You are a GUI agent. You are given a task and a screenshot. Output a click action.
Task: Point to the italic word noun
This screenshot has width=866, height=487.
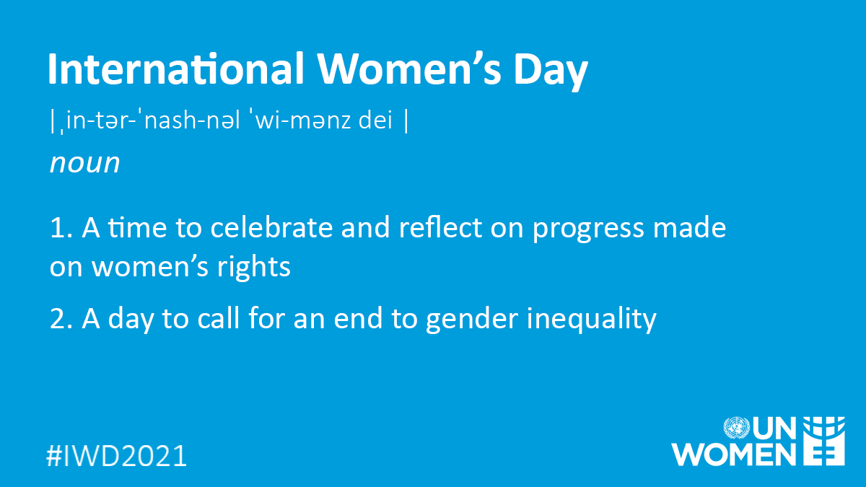[x=84, y=163]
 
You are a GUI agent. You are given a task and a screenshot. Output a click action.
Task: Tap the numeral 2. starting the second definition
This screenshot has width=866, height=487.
[x=61, y=317]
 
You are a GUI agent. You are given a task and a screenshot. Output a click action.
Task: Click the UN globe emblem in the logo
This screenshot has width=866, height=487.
[x=738, y=429]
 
